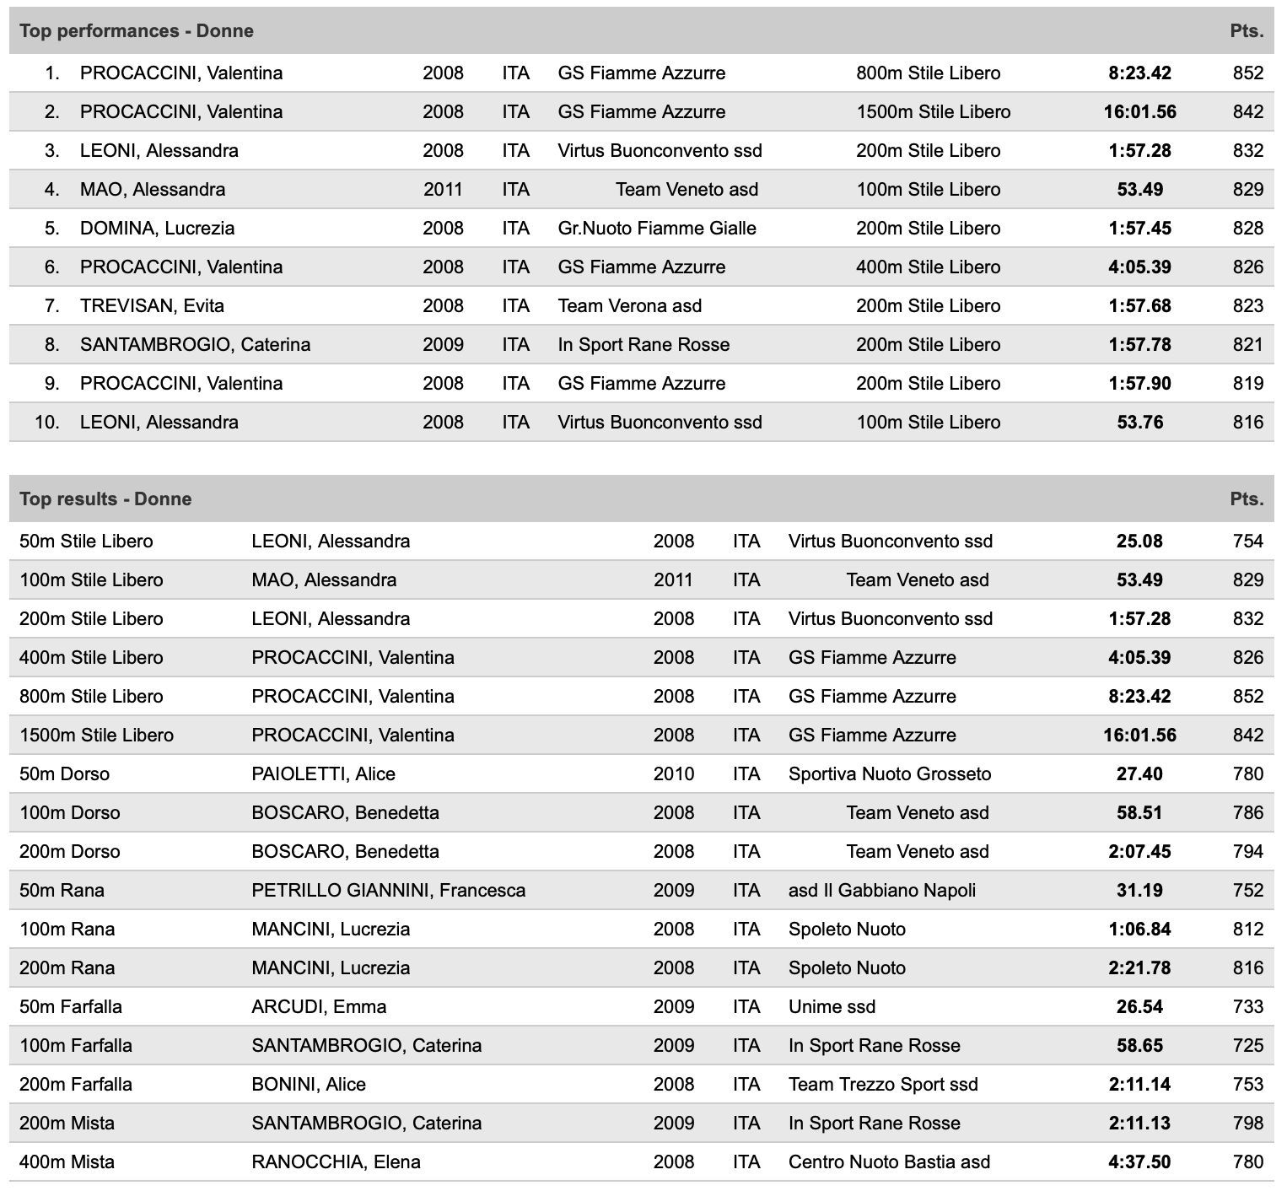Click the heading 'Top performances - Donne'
pyautogui.click(x=136, y=31)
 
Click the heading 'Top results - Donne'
pyautogui.click(x=105, y=499)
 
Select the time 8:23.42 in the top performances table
pyautogui.click(x=1139, y=73)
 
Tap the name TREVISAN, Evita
pyautogui.click(x=152, y=306)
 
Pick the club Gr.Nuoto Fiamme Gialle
pyautogui.click(x=656, y=229)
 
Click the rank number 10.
pyautogui.click(x=47, y=423)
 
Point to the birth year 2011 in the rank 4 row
pyautogui.click(x=443, y=190)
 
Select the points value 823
pyautogui.click(x=1247, y=306)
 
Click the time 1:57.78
pyautogui.click(x=1139, y=345)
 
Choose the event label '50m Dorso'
pyautogui.click(x=64, y=774)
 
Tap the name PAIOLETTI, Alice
pyautogui.click(x=323, y=774)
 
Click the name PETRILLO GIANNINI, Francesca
pyautogui.click(x=388, y=891)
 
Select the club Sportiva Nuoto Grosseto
pyautogui.click(x=889, y=774)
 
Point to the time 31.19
pyautogui.click(x=1139, y=891)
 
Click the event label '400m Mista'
pyautogui.click(x=67, y=1162)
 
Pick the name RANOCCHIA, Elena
pyautogui.click(x=336, y=1162)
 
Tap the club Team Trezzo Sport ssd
pyautogui.click(x=883, y=1085)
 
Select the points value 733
pyautogui.click(x=1247, y=1007)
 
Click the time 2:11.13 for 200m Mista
pyautogui.click(x=1139, y=1124)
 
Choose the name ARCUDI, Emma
pyautogui.click(x=319, y=1007)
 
